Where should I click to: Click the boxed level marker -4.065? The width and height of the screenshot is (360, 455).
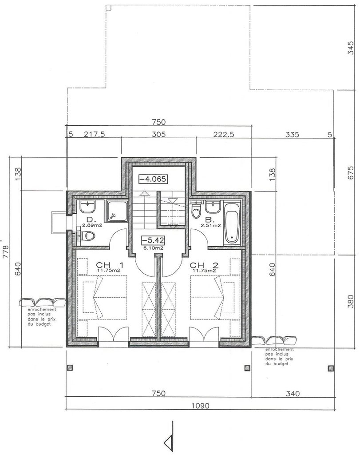click(x=153, y=179)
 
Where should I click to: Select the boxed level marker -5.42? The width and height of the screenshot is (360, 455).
click(x=153, y=240)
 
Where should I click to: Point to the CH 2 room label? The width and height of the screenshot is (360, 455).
click(x=204, y=265)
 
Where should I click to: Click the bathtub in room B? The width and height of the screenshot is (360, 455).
click(x=231, y=223)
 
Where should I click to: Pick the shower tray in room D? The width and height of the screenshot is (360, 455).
click(x=116, y=211)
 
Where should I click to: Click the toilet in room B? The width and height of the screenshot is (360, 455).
click(x=197, y=211)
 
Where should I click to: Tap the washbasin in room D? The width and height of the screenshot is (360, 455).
click(x=87, y=207)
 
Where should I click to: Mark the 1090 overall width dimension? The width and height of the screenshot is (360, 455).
click(x=201, y=406)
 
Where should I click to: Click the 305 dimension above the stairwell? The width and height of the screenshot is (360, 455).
click(x=159, y=134)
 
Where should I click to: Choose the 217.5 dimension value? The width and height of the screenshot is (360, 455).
click(x=94, y=134)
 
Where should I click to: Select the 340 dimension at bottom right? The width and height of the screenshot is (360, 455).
click(x=293, y=394)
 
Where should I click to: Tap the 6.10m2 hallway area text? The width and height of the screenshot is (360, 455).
click(x=153, y=248)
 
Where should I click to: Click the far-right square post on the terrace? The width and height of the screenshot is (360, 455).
click(x=330, y=368)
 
